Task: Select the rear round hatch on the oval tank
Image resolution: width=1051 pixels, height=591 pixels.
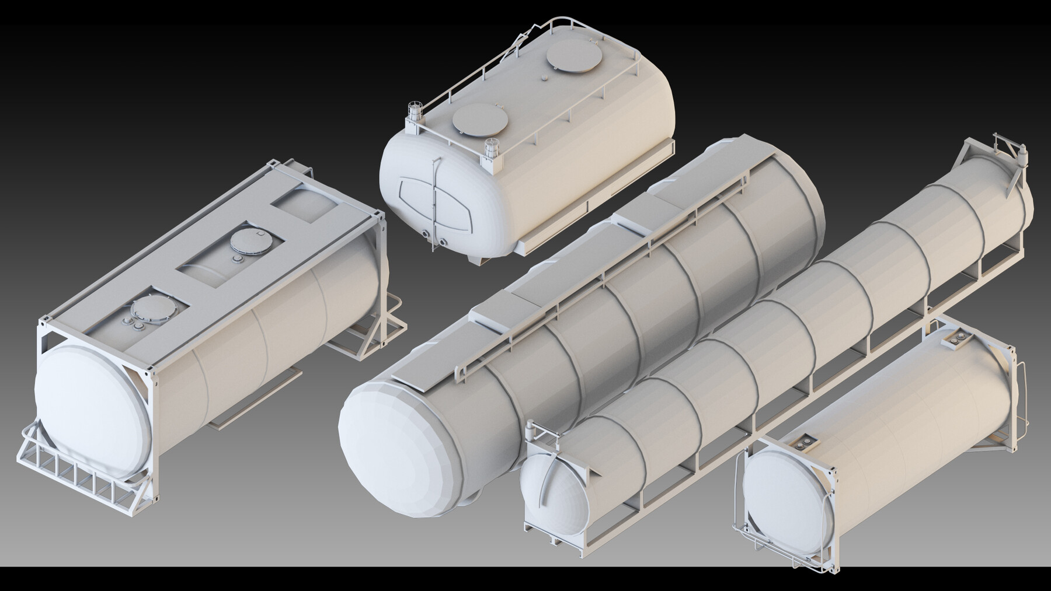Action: point(574,58)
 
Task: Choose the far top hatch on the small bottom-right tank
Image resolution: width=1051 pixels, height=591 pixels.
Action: point(958,340)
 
